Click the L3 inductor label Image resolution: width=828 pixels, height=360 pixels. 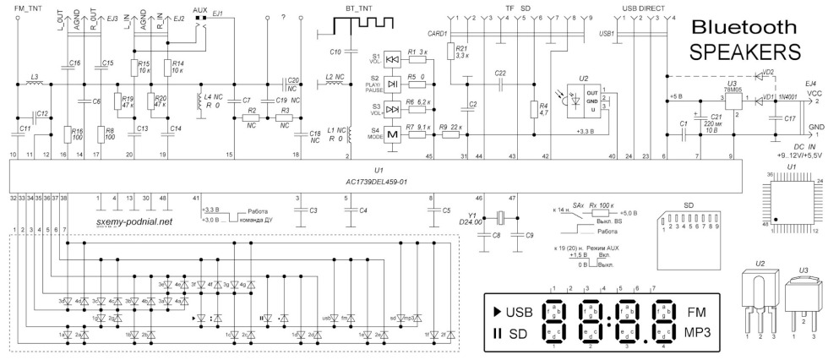[x=34, y=78]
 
